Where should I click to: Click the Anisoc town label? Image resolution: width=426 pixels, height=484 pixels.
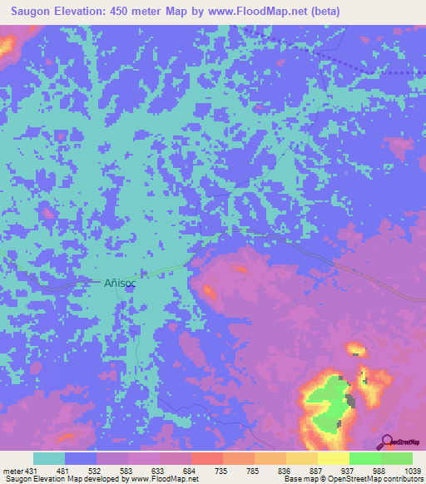click(120, 283)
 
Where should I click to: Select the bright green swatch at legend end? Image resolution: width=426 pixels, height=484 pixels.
click(396, 458)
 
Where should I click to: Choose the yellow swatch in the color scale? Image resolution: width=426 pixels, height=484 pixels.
click(333, 458)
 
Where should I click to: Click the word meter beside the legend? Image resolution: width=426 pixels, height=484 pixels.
click(12, 472)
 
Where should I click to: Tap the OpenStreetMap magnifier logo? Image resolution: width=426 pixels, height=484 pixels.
click(387, 442)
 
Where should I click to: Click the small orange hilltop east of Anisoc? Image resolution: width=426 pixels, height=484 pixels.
click(209, 292)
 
